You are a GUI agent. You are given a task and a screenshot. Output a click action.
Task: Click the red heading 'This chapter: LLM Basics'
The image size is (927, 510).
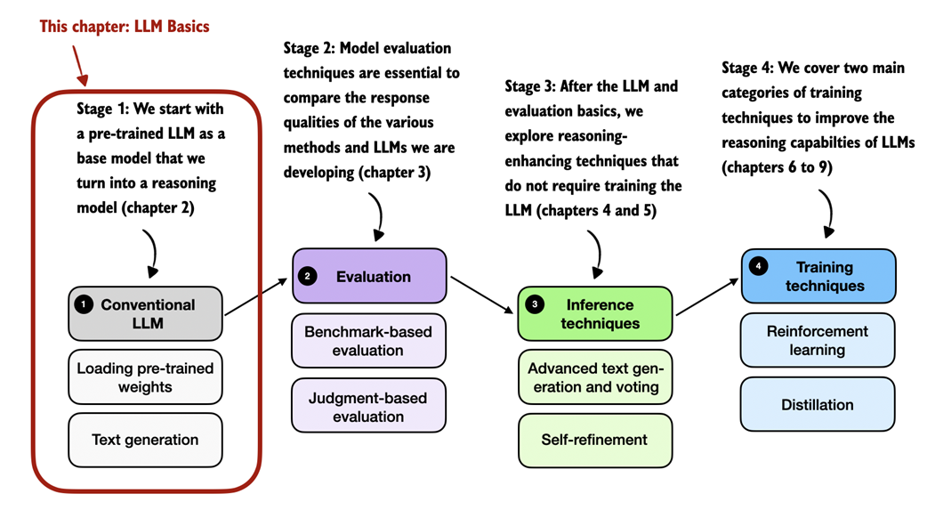pos(125,26)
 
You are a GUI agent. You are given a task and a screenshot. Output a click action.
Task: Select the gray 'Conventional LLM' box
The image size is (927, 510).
pos(145,313)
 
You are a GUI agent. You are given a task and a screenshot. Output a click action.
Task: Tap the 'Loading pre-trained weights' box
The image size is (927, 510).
pos(145,377)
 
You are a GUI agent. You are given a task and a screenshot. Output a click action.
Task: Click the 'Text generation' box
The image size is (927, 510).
pos(145,440)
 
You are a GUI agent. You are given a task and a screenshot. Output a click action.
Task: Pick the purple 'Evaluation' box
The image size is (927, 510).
pos(369,277)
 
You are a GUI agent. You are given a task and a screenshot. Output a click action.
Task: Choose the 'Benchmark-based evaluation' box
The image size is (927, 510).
pos(368,341)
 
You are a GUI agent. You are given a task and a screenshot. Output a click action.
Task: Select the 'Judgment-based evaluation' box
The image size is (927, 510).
pos(368,406)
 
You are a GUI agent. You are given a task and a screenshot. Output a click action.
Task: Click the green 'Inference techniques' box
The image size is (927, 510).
pos(595,313)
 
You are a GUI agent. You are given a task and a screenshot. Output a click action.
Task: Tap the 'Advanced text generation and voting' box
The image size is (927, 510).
pos(595,377)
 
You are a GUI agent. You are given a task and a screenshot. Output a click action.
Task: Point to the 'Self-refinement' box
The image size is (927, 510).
pos(595,440)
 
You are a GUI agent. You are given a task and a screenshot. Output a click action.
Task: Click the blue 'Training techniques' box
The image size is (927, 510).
pos(818,276)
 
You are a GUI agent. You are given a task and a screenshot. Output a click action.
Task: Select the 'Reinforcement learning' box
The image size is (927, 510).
pos(818,340)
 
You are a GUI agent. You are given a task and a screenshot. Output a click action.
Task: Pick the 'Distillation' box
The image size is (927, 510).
pos(818,405)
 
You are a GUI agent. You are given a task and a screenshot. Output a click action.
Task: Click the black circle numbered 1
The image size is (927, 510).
pos(85,304)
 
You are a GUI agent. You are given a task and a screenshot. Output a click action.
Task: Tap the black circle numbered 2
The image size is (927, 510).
pos(308,277)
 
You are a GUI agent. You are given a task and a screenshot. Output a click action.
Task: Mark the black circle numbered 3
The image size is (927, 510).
pos(534,304)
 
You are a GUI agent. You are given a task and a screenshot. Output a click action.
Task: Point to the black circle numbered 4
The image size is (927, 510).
pos(758,266)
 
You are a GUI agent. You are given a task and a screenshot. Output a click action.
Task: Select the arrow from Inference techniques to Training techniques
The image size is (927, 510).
pos(707,295)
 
